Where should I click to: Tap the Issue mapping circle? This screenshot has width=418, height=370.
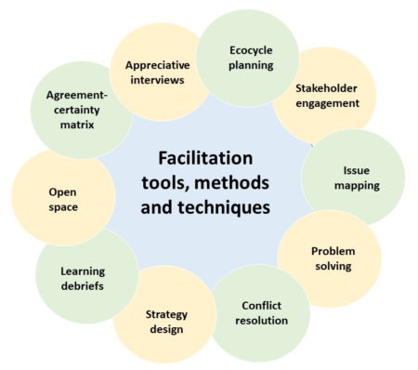pyautogui.click(x=357, y=178)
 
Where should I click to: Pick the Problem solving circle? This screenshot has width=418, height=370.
pyautogui.click(x=332, y=259)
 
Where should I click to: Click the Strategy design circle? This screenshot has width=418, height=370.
pyautogui.click(x=165, y=321)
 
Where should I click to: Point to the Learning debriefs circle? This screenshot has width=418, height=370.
pyautogui.click(x=83, y=278)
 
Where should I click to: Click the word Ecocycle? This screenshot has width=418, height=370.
pyautogui.click(x=252, y=49)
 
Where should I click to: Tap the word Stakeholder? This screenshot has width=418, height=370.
pyautogui.click(x=327, y=88)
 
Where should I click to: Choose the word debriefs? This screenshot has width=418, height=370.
pyautogui.click(x=83, y=285)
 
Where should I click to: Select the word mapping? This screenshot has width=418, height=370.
pyautogui.click(x=358, y=186)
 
